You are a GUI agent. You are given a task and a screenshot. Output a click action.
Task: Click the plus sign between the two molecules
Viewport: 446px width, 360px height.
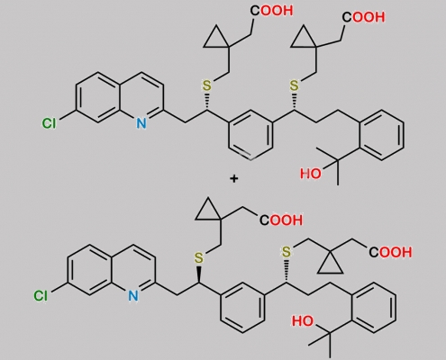click(x=233, y=179)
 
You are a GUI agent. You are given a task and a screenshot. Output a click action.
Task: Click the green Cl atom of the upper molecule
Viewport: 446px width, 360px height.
click(x=49, y=123)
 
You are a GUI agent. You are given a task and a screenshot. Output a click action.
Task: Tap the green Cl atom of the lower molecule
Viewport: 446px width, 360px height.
click(x=41, y=296)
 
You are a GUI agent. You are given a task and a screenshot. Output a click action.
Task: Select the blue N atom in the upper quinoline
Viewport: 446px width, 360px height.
click(x=141, y=123)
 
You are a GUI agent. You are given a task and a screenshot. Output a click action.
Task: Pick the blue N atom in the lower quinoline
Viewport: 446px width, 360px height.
click(x=133, y=296)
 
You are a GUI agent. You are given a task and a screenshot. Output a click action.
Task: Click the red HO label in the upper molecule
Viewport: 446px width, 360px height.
click(x=311, y=174)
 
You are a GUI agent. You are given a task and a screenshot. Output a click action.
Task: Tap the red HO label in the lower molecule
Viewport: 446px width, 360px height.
click(x=303, y=321)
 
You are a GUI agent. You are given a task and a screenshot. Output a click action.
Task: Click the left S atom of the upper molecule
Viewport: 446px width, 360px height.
click(x=206, y=85)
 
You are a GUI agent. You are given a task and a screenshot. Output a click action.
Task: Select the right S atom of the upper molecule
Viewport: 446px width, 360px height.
click(x=295, y=85)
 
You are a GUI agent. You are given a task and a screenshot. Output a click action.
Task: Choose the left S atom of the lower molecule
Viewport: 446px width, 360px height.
click(x=198, y=258)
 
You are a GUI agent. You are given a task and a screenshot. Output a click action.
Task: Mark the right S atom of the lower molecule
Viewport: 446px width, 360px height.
click(x=287, y=252)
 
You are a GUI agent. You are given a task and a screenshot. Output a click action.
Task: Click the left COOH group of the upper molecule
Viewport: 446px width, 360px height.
click(x=271, y=11)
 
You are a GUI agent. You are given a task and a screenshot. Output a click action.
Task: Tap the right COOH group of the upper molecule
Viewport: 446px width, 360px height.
click(x=363, y=17)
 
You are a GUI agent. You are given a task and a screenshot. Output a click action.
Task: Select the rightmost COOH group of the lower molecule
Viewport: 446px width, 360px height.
click(x=390, y=252)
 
